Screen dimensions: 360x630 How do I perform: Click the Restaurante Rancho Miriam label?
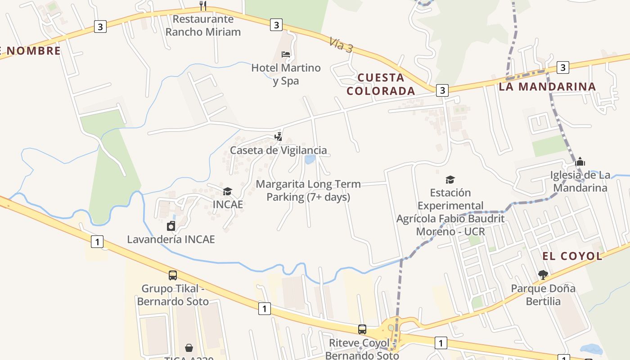pos(203,26)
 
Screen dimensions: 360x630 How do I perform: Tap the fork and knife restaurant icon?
pos(203,6)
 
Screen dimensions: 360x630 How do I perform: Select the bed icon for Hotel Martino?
pos(286,54)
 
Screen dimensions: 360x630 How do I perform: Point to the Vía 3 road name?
pos(341,45)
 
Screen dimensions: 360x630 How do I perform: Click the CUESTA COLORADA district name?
pos(381,84)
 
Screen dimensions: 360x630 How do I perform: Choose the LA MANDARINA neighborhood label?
pos(547,86)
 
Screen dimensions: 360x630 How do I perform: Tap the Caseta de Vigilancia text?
pos(278,150)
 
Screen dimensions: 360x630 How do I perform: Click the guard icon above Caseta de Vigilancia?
pos(279,136)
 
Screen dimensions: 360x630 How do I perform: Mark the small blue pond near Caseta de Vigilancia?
pos(310,159)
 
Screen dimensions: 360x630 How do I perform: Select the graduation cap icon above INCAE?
pos(228,192)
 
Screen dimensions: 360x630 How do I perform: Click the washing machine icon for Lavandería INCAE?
pos(171,225)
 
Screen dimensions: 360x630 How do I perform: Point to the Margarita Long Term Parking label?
pos(308,190)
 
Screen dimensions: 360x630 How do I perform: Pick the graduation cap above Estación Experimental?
pos(450,180)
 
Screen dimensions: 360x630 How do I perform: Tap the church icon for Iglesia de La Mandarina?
pos(580,162)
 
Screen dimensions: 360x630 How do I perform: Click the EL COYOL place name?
pos(572,256)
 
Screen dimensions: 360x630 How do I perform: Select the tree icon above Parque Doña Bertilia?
pos(543,274)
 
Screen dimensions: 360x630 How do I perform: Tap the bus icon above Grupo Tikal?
pos(173,275)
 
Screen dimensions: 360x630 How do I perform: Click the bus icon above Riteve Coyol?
pos(362,329)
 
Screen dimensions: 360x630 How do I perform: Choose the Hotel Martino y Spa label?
pos(286,74)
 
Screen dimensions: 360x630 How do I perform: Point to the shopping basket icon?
pos(189,348)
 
